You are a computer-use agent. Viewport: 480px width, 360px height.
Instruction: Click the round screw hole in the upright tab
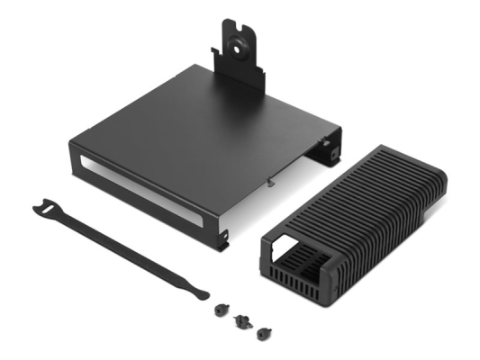pos(241,41)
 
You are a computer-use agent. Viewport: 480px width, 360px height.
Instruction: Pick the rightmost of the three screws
pos(263,333)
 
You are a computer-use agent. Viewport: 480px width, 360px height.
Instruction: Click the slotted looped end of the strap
pos(45,211)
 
